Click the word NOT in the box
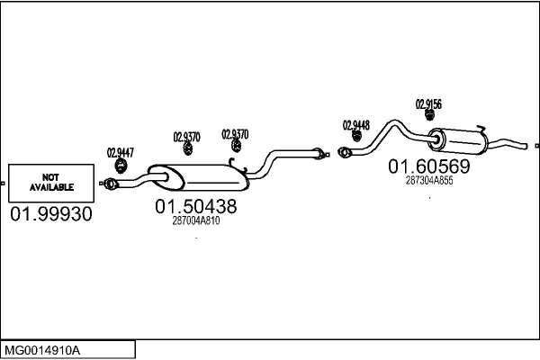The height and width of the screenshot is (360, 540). coord(50,176)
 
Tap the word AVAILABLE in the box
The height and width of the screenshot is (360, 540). coord(50,187)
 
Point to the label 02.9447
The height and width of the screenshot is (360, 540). coord(121,152)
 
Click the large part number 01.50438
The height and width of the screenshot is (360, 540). coord(196,206)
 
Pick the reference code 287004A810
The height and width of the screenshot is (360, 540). coord(195,220)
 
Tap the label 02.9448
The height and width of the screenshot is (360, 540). coord(356,125)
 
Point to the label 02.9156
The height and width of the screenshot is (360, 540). coord(428,104)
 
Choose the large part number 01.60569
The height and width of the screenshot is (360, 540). coord(428,166)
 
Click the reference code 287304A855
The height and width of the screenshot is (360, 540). coord(429,180)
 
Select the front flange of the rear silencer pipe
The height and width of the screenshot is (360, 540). coord(343,152)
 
